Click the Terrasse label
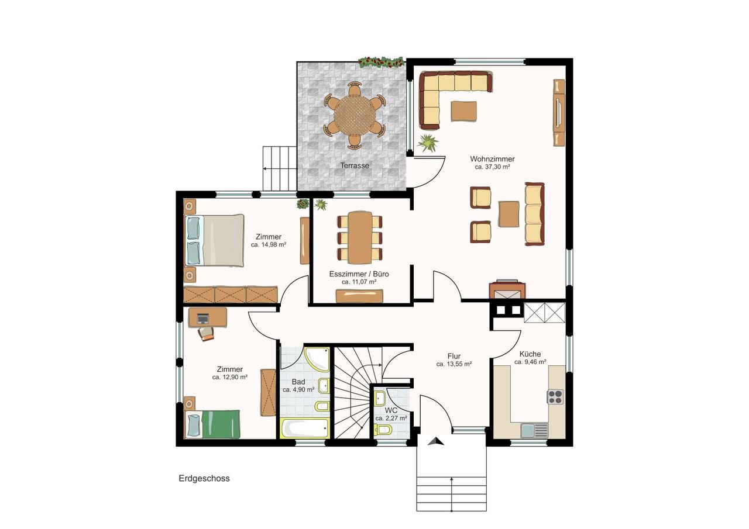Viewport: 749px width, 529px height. point(355,165)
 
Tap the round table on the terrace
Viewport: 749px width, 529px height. point(355,115)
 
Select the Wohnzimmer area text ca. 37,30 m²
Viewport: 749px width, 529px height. point(492,167)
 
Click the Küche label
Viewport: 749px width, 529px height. point(530,354)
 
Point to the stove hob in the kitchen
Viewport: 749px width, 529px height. point(555,397)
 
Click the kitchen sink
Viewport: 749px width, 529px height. point(534,430)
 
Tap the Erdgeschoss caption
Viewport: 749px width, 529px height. point(204,478)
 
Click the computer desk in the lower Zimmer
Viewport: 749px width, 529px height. point(207,317)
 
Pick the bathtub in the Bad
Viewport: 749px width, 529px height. point(305,428)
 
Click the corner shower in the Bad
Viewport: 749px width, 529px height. point(317,359)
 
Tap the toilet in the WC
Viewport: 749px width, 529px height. point(383,430)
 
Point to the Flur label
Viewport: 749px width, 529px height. point(454,356)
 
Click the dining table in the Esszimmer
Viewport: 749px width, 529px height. point(360,237)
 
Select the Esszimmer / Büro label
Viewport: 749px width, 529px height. point(359,274)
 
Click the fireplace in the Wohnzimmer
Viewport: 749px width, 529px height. point(507,289)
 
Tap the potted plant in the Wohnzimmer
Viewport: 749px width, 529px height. point(428,143)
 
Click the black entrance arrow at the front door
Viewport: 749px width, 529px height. point(436,441)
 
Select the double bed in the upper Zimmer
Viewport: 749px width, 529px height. point(214,240)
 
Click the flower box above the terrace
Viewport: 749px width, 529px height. point(381,62)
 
